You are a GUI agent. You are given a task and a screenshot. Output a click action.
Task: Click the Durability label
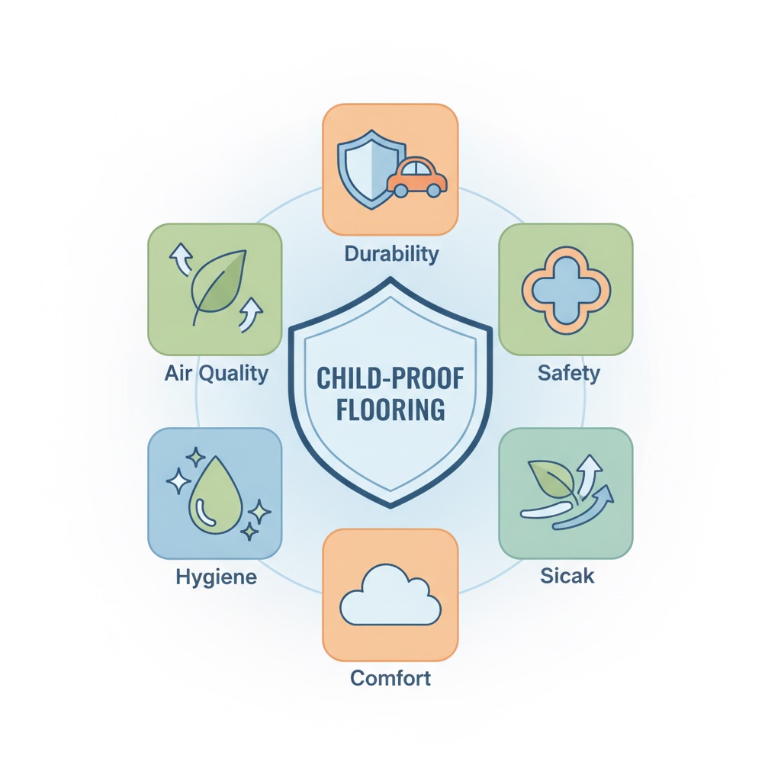coord(391,254)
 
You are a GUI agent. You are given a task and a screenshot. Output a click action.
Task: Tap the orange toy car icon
coord(417,178)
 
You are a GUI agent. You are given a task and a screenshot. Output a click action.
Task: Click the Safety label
coord(569,373)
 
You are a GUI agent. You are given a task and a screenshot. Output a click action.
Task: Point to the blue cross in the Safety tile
coord(567,291)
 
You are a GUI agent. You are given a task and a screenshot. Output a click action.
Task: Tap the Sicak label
coord(567,576)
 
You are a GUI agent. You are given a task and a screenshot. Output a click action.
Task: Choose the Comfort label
coord(390,678)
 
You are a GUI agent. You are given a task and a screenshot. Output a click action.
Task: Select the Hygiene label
coord(216,577)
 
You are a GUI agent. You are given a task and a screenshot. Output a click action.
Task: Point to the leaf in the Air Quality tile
coord(219,288)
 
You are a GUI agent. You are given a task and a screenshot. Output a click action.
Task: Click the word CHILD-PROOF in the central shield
coord(390,378)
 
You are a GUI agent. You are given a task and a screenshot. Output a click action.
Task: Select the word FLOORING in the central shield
coord(390,410)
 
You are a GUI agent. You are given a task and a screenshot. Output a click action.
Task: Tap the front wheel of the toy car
coord(433,190)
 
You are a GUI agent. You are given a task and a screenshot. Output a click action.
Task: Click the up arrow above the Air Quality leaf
coord(181,258)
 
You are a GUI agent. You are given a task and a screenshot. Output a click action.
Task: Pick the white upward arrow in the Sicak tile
coord(590,471)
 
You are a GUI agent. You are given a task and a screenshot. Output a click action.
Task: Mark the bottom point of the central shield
coord(391,507)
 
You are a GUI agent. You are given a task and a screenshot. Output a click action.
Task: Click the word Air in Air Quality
coord(179,373)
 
